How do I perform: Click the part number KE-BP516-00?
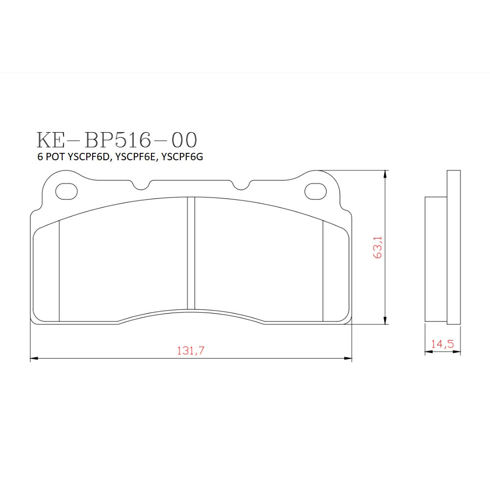point(117,140)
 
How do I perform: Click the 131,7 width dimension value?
point(190,350)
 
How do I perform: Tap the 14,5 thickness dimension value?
point(442,344)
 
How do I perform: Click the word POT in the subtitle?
point(54,158)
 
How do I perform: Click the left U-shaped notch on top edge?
point(142,185)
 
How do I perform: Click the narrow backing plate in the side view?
point(454,247)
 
